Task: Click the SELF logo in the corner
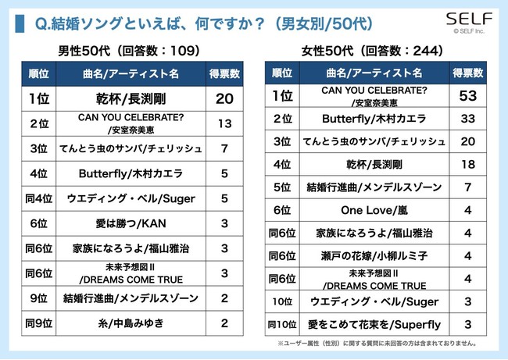point(468,20)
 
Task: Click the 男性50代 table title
point(130,51)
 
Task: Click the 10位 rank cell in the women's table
point(282,301)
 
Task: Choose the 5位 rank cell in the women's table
point(282,187)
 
